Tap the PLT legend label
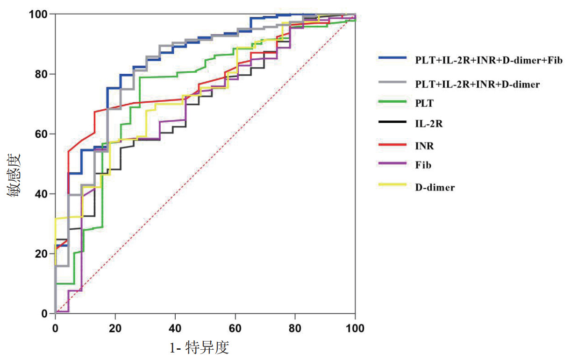coord(424,104)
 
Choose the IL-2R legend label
coord(428,124)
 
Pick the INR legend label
coord(424,146)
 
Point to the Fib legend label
coord(423,165)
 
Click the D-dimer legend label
coord(435,187)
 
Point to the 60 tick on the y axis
coord(43,134)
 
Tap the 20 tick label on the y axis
coord(43,254)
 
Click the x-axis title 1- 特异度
coord(200,348)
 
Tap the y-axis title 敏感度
coord(14,175)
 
